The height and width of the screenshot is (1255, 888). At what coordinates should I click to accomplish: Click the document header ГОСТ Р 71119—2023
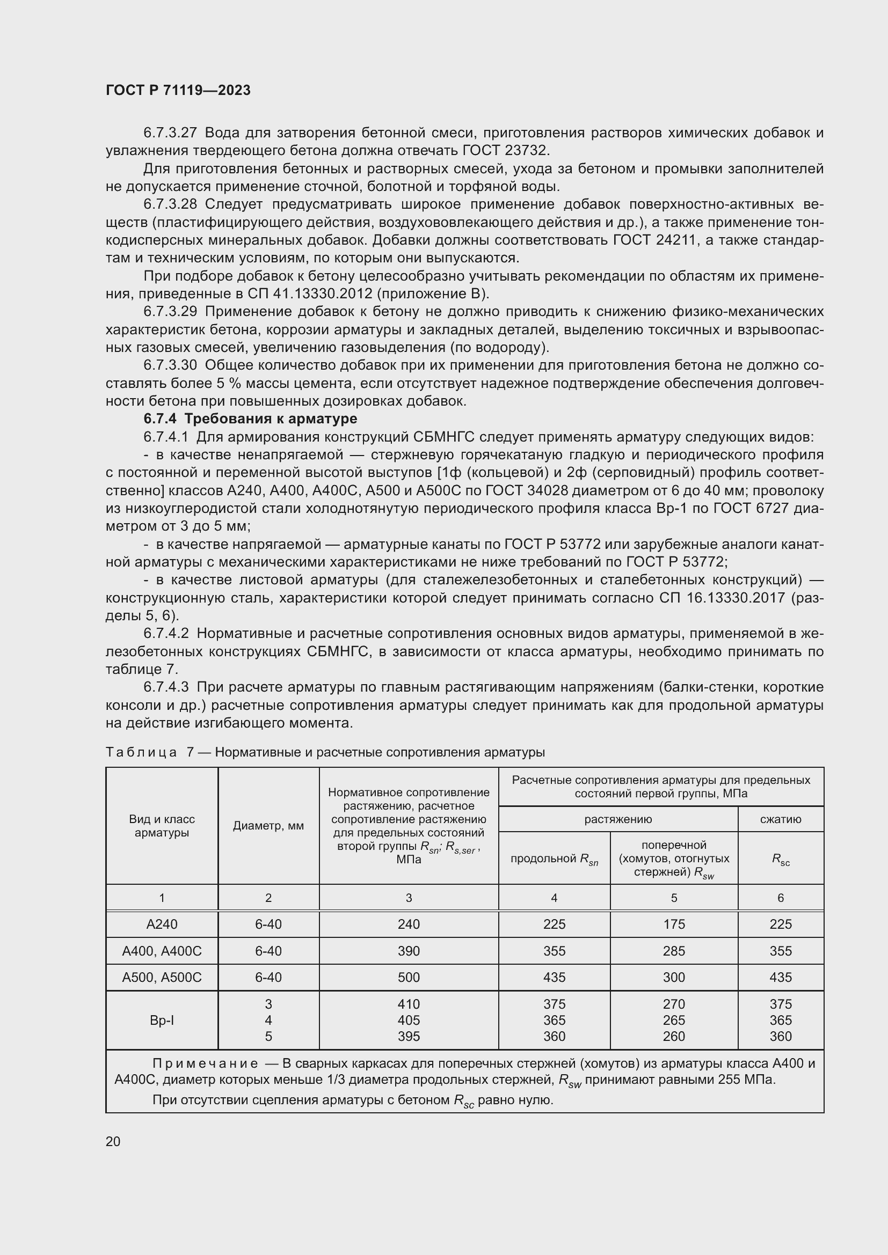click(178, 90)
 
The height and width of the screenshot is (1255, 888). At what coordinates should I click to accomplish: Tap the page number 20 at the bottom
click(113, 1141)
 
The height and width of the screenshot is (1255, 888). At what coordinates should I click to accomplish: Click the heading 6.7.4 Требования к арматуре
click(250, 419)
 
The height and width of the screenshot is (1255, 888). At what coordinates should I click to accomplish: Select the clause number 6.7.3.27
click(170, 133)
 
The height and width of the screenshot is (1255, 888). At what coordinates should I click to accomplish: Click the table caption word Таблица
click(141, 752)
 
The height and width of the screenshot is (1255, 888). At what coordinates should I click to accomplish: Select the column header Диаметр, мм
click(268, 826)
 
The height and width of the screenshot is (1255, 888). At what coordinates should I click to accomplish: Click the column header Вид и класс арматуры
click(162, 826)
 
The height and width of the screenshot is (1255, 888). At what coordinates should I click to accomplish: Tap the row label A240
click(162, 924)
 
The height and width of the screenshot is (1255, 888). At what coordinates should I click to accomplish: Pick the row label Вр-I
click(162, 1020)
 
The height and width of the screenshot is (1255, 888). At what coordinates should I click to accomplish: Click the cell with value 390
click(409, 951)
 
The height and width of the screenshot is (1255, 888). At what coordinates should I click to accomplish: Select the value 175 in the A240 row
click(674, 924)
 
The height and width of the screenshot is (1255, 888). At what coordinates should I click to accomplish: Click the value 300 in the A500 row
click(674, 977)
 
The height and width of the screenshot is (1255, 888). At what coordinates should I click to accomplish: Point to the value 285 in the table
click(674, 951)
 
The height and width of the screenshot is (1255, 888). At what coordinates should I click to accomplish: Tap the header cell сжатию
click(780, 819)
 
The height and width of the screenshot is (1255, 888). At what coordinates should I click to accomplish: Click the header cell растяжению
click(618, 819)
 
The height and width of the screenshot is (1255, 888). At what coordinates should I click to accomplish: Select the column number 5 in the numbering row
click(674, 898)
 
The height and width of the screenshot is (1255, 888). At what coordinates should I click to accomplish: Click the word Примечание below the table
click(205, 1063)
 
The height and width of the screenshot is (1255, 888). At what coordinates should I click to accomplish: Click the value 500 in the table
click(409, 977)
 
